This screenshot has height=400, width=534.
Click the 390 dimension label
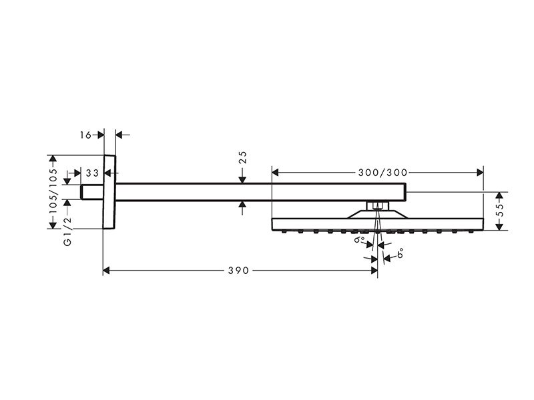(238, 271)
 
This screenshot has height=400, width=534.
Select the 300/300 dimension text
(382, 173)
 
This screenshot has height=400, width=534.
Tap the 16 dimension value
(86, 135)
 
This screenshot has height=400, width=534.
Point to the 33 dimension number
(92, 173)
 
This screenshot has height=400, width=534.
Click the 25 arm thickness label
(242, 157)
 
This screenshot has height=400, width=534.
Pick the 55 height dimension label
(499, 211)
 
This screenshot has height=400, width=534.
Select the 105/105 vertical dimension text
(53, 191)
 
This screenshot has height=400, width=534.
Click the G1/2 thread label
(68, 231)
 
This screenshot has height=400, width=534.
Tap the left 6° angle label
(360, 240)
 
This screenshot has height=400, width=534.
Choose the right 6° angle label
(400, 253)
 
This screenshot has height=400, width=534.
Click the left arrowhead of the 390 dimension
(106, 271)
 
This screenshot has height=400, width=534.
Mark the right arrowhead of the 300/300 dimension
(480, 173)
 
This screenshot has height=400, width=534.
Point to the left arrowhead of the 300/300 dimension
(275, 173)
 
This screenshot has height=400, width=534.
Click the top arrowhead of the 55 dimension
(499, 195)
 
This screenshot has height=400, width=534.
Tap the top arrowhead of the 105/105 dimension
(53, 159)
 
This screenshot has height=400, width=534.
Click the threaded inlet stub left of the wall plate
(92, 192)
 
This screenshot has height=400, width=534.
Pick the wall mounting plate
(109, 192)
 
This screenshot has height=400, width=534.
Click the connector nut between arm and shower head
(377, 206)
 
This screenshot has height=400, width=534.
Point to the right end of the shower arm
(406, 192)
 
